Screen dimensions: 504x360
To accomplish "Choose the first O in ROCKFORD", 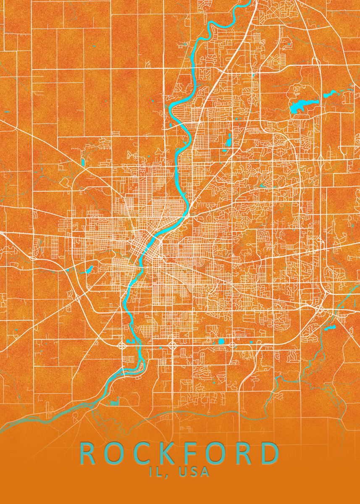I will click(112, 454).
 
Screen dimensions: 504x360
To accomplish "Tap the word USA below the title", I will click(194, 472).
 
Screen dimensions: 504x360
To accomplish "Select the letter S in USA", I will click(194, 472).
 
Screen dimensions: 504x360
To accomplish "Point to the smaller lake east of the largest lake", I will click(328, 95).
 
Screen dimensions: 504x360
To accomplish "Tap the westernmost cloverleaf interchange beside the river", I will click(122, 346).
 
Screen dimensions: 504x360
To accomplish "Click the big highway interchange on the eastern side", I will click(320, 309).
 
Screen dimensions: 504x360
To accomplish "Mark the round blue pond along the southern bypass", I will click(221, 341).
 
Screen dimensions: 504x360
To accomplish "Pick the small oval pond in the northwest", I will click(83, 161).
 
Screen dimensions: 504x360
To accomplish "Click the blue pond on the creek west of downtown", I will click(89, 269).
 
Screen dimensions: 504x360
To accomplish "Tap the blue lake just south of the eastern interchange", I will click(331, 326).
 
